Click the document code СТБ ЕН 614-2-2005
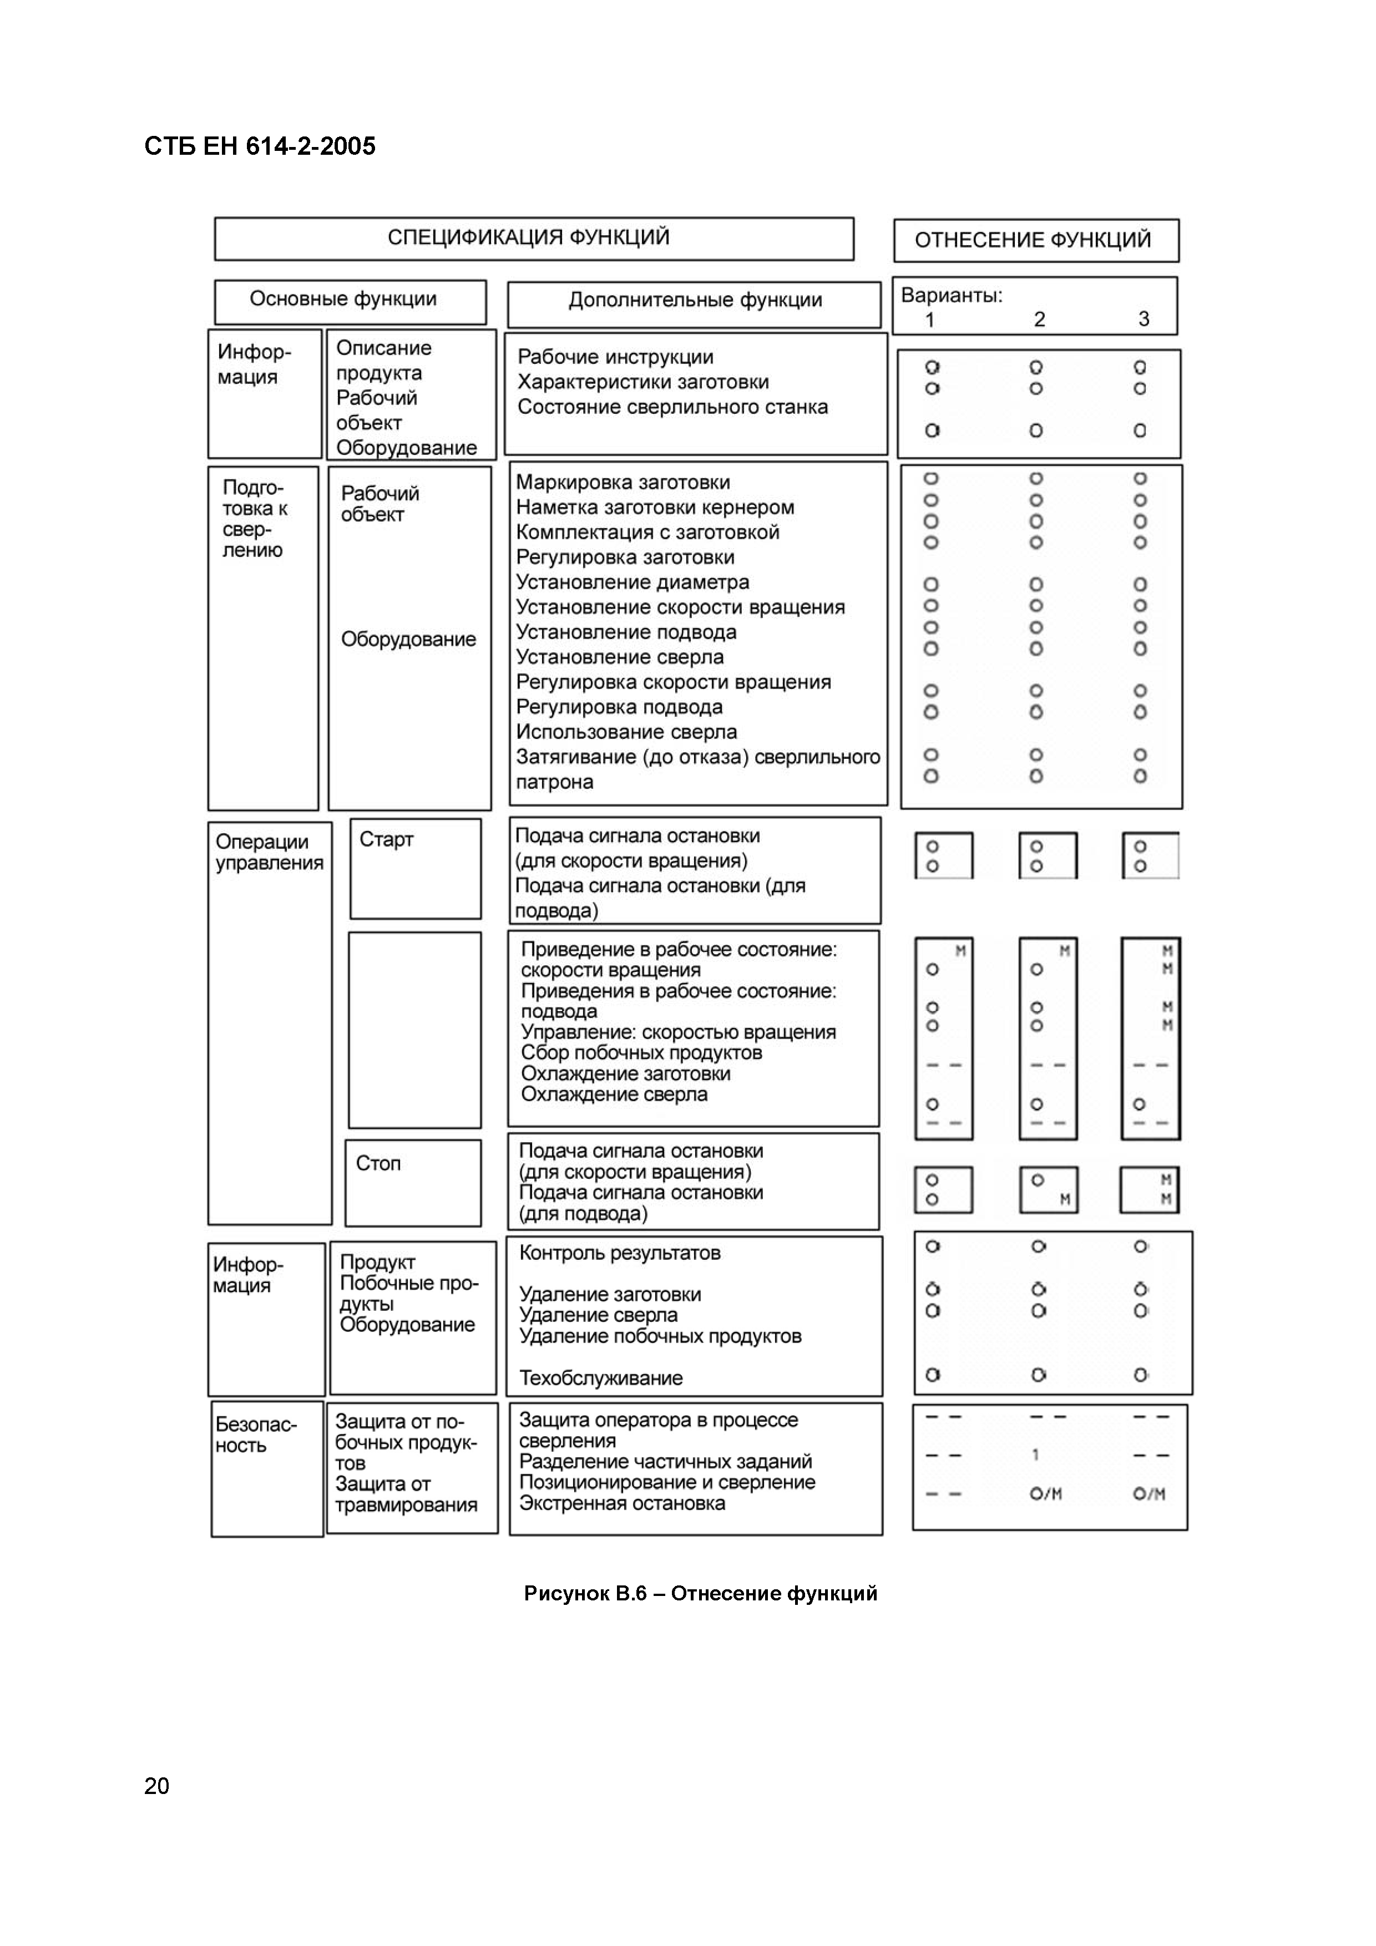260,146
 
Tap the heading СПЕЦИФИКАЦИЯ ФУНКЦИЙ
528,237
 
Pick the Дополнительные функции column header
694,300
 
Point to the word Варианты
950,296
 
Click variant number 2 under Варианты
1039,320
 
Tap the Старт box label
386,839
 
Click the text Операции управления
269,852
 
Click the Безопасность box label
255,1435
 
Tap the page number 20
157,1786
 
